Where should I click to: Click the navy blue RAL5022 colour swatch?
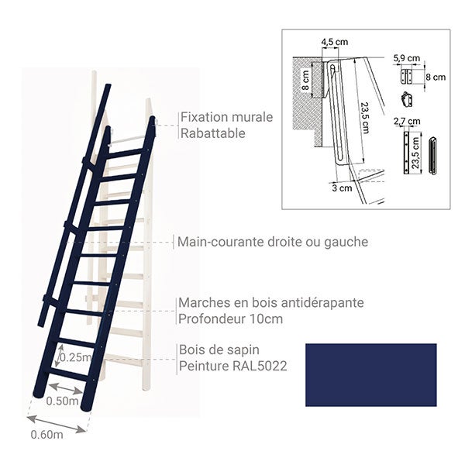[x=370, y=375]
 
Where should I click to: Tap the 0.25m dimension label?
[x=76, y=357]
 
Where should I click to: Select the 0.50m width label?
[x=63, y=401]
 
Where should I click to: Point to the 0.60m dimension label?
[x=46, y=434]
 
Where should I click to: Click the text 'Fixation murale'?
[x=226, y=118]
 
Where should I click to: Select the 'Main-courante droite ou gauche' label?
[x=273, y=242]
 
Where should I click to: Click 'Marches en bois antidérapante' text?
[x=271, y=302]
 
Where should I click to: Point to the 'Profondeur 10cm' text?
[x=231, y=318]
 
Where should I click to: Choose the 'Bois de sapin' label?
[x=219, y=350]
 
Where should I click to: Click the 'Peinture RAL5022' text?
[x=233, y=365]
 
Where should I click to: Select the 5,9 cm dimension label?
[x=406, y=58]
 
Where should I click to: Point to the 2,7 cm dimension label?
[x=407, y=122]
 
